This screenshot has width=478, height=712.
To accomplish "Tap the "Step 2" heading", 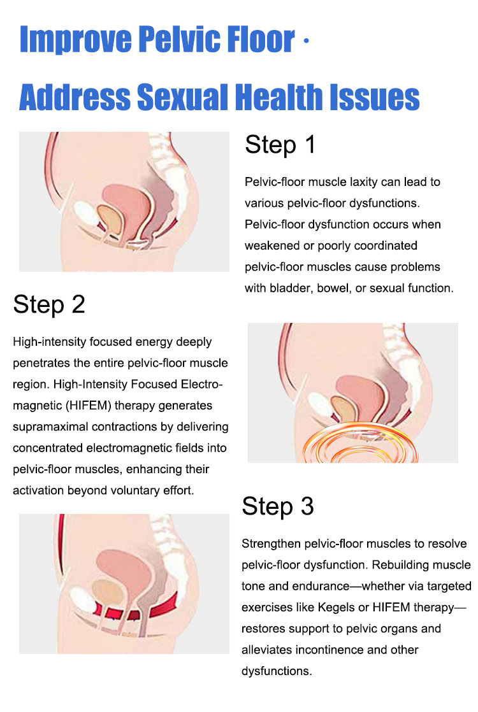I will [48, 305].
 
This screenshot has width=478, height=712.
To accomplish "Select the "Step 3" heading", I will [277, 507].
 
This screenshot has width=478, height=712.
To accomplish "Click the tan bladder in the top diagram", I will [108, 219].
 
